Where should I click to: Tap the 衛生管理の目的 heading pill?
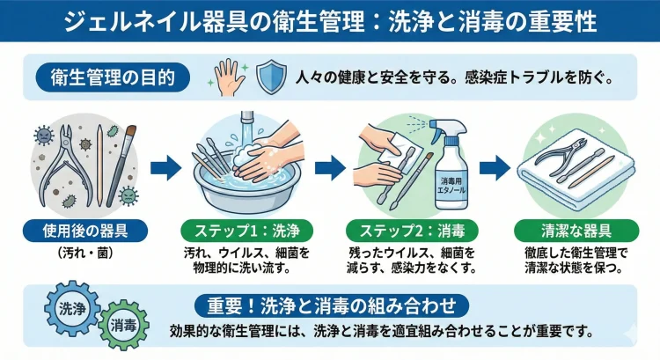click(x=112, y=77)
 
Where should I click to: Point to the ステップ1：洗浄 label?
click(x=247, y=232)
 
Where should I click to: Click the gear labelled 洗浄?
click(x=70, y=309)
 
